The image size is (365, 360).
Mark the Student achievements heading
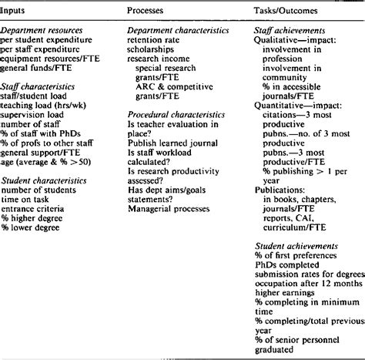pos(293,244)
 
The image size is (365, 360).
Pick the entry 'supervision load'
pos(34,110)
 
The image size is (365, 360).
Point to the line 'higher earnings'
pos(283,294)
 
